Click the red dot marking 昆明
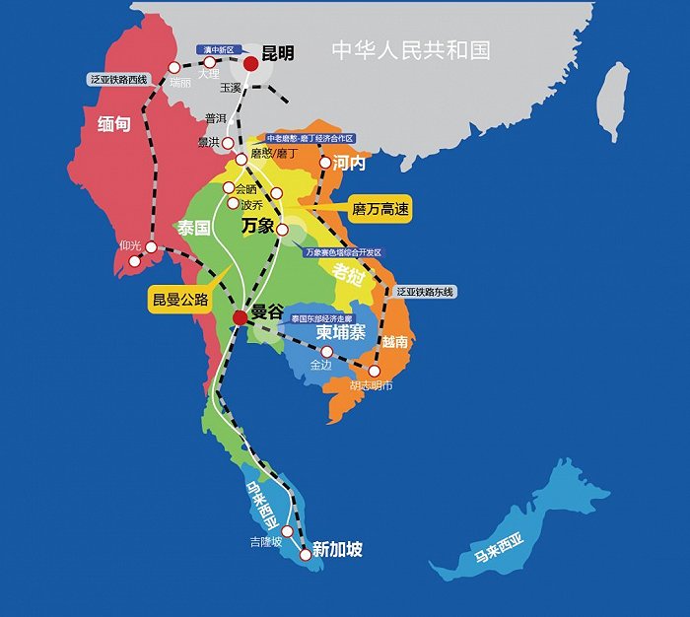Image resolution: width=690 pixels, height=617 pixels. point(251,63)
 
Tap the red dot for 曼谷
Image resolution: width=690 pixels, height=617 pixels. point(240,317)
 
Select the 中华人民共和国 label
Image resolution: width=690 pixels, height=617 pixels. point(410,50)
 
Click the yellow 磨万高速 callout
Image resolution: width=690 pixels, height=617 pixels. point(379,209)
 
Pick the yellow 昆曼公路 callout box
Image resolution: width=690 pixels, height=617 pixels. point(180,300)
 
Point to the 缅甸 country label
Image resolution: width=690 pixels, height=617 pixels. point(116,124)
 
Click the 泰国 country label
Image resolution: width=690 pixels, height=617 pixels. point(194,228)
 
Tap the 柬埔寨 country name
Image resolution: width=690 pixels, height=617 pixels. point(341,333)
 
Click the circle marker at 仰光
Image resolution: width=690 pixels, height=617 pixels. point(151,247)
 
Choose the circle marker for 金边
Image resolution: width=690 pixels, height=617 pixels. point(327,351)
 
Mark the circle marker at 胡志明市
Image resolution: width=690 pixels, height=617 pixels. point(375,371)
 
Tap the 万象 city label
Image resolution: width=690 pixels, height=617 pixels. point(257,227)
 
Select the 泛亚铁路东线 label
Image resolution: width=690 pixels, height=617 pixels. point(427,292)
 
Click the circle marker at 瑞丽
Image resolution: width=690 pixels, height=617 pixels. point(174,68)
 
